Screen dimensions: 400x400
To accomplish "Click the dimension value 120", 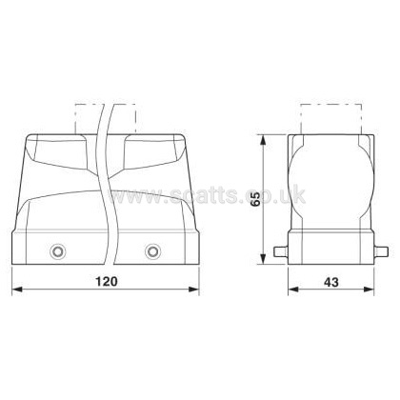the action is (107, 281).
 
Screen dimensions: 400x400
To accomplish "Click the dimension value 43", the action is (331, 282).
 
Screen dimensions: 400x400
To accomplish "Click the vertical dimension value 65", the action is (255, 199).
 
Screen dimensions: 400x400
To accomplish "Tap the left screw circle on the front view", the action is (58, 251).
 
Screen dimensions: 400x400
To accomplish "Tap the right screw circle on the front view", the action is (152, 251).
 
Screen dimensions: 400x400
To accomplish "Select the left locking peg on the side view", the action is (281, 251).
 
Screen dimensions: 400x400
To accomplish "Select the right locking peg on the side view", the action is (381, 251).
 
